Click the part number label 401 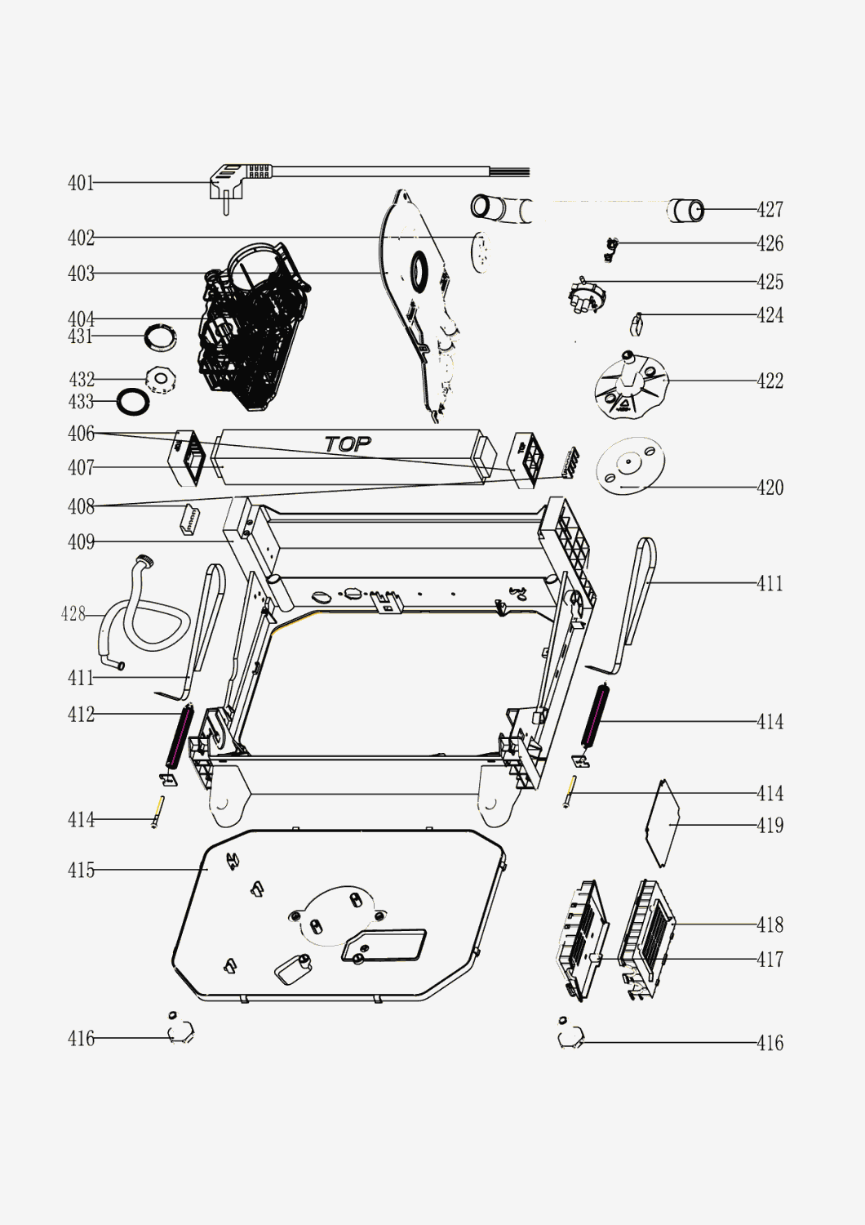pos(81,183)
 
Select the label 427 pos(770,209)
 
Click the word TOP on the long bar pos(348,443)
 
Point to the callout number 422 pos(770,381)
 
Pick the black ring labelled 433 pos(133,402)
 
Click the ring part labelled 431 pos(161,337)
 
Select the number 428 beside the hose pos(73,614)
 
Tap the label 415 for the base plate pos(81,870)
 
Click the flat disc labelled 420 pos(630,465)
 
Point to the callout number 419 pos(770,825)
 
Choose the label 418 pos(770,924)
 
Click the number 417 pos(770,960)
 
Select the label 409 pos(81,542)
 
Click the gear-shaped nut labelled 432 pos(161,380)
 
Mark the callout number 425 pos(770,283)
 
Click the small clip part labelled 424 pos(636,324)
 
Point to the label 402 pos(81,238)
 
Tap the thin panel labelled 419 pos(663,823)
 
